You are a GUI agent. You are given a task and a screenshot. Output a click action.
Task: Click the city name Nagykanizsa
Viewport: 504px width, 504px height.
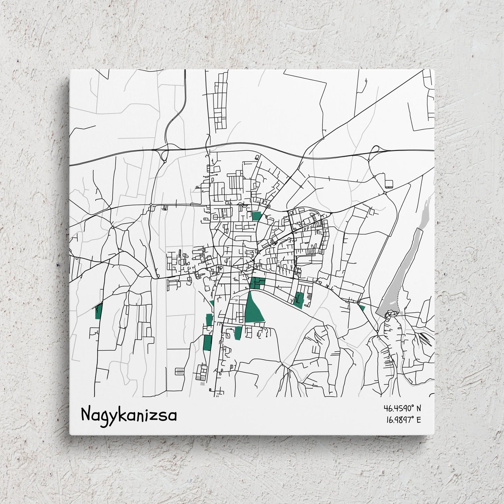click(x=129, y=415)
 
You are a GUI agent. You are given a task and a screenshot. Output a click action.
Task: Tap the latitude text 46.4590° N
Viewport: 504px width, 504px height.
click(x=403, y=408)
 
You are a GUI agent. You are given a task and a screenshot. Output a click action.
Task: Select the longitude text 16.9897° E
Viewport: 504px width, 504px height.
click(x=403, y=420)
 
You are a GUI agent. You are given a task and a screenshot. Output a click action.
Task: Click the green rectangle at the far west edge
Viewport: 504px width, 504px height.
click(x=98, y=311)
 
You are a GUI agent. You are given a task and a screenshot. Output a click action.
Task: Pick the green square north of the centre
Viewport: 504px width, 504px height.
click(x=256, y=216)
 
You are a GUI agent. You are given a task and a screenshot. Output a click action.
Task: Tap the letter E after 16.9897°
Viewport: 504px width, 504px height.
click(x=418, y=420)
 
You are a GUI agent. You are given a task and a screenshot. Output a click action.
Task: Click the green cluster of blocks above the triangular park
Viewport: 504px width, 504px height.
click(x=257, y=283)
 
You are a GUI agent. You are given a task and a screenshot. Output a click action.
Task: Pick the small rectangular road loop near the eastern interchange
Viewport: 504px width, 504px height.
click(x=389, y=183)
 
